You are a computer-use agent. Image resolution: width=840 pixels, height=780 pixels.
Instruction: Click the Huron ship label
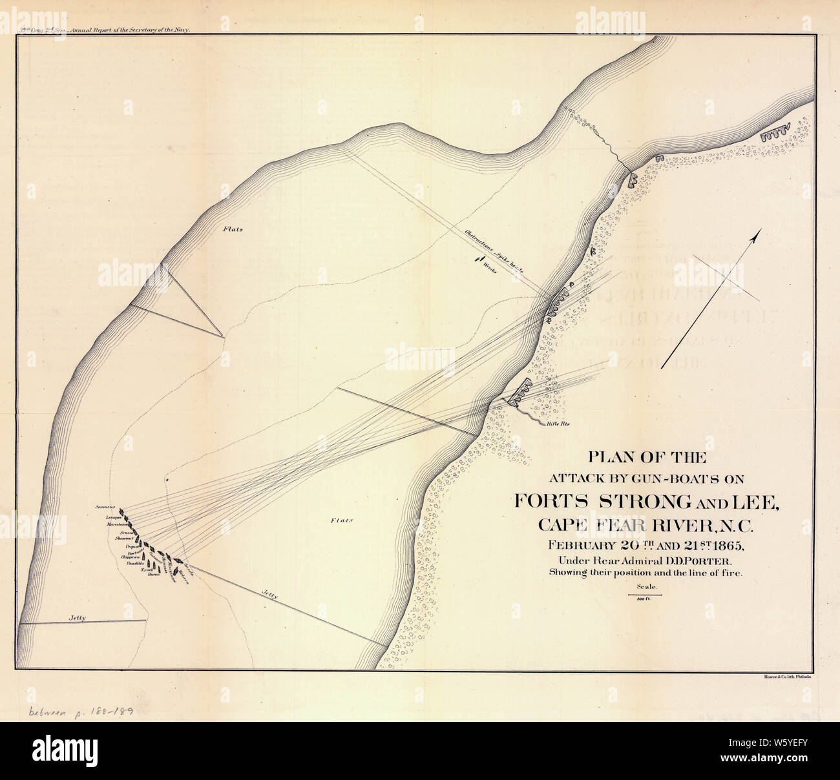tap(153, 574)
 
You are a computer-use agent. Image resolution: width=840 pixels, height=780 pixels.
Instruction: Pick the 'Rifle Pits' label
tap(560, 424)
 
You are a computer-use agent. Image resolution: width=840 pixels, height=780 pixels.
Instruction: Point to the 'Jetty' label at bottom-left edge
tap(78, 618)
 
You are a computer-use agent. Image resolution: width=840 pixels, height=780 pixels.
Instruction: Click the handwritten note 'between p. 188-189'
tap(81, 711)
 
